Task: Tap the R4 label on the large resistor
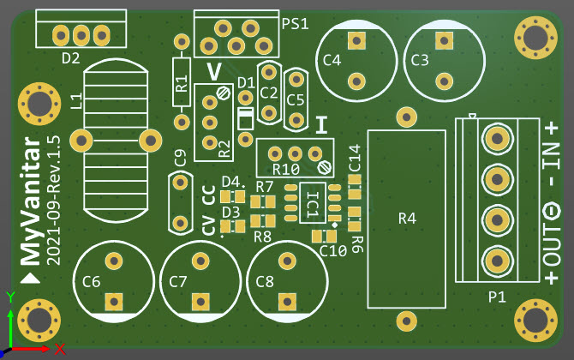[407, 219]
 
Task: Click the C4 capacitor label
[332, 61]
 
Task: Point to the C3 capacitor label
[420, 60]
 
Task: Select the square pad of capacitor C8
[285, 301]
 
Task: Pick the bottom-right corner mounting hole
[533, 319]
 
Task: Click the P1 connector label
[497, 297]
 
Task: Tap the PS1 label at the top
[295, 23]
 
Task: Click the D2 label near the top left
[71, 58]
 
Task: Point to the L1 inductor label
[76, 101]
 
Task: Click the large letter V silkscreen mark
[214, 69]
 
